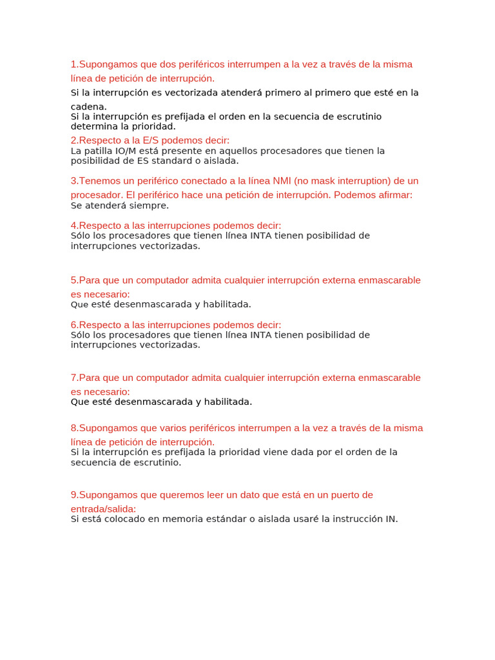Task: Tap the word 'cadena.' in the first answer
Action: click(89, 106)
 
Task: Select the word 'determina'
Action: click(92, 126)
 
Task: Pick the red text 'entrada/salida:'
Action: click(103, 509)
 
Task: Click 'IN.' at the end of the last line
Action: click(392, 519)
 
